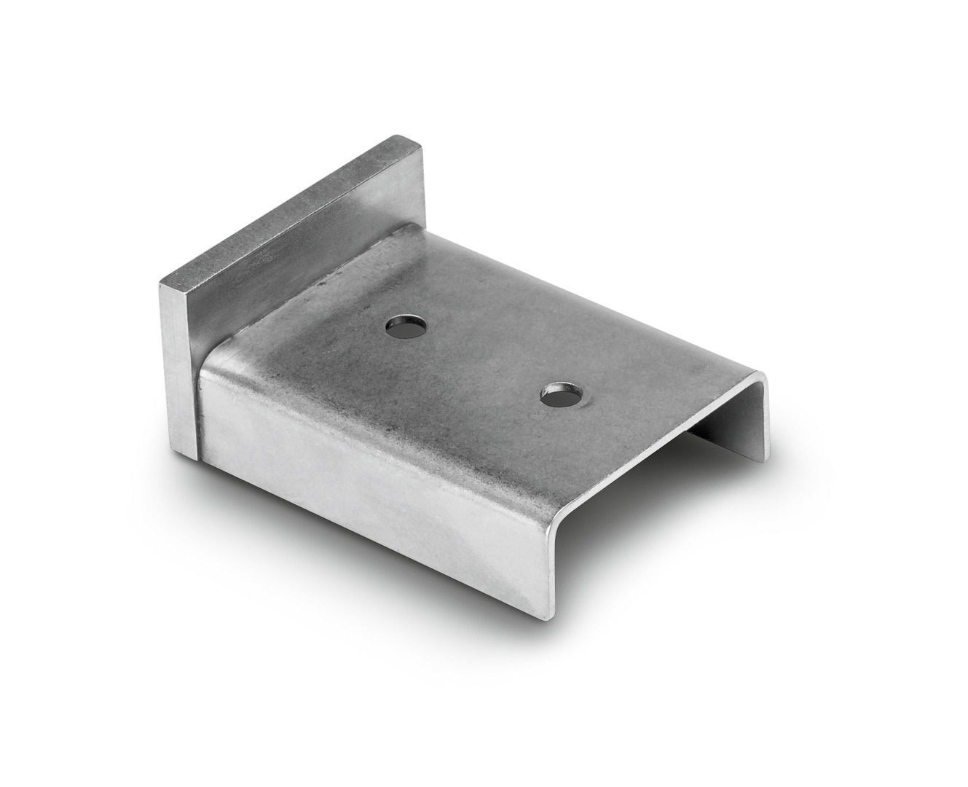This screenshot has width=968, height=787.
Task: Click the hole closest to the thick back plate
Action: coord(406,326)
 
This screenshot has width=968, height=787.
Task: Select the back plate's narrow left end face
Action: coord(175,364)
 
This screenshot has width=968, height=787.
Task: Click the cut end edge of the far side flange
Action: coord(765,423)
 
